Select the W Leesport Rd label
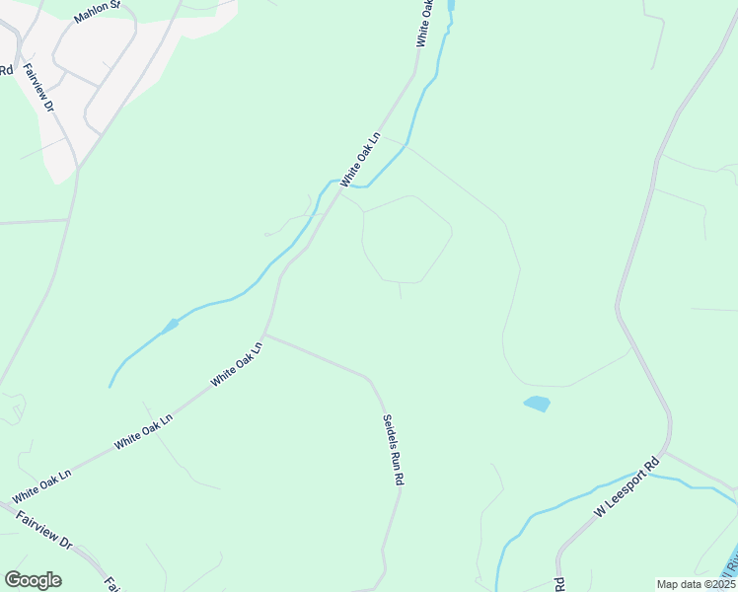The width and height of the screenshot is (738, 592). [x=626, y=488]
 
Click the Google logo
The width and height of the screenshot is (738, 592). [x=33, y=580]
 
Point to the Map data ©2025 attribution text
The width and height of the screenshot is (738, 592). [x=697, y=584]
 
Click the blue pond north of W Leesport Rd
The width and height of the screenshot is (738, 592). [x=537, y=404]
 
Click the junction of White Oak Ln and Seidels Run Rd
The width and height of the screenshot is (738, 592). [x=264, y=335]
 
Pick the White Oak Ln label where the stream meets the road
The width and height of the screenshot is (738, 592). [x=359, y=161]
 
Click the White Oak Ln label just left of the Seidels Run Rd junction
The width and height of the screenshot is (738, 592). [x=237, y=363]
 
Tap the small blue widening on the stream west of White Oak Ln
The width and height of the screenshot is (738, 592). [x=171, y=324]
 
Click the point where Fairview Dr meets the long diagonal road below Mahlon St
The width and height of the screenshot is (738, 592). [x=77, y=169]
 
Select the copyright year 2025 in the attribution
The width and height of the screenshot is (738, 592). [x=723, y=584]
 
